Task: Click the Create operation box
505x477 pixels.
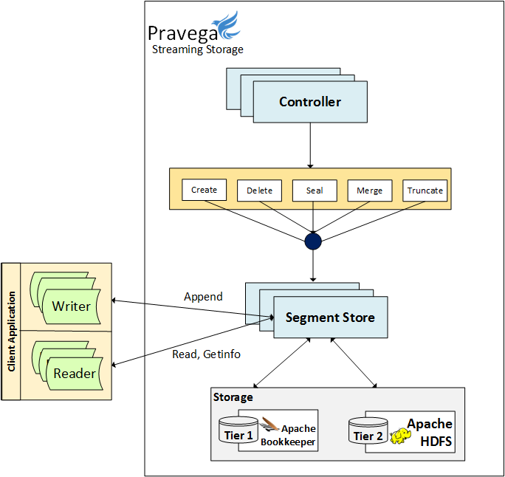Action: [204, 190]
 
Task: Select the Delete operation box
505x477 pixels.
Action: [259, 191]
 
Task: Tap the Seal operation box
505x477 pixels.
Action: [315, 191]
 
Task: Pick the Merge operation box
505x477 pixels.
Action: [370, 191]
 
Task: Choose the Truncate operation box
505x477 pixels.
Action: [425, 191]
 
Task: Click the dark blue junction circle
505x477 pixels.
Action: [314, 241]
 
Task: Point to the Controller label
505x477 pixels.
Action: [310, 102]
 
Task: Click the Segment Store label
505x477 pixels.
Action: [330, 318]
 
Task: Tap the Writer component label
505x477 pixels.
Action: [72, 306]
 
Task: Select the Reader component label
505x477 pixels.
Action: [75, 374]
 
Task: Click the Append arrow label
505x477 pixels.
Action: [203, 297]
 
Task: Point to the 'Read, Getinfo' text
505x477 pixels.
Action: [206, 354]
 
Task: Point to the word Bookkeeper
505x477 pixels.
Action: [288, 442]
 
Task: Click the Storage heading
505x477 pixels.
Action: [233, 397]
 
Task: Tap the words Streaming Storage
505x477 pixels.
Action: [197, 49]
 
